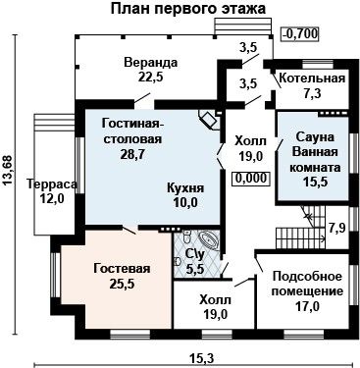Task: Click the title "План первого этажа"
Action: point(187,9)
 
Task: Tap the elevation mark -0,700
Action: point(300,33)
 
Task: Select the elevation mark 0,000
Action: point(251,179)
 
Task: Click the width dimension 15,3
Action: point(201,358)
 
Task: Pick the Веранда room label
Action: point(151,63)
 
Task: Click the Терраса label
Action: point(52,184)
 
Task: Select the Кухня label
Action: point(185,188)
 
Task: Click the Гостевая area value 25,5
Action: point(123,284)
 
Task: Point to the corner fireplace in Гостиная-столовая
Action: point(209,120)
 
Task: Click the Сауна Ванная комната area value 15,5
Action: point(316,182)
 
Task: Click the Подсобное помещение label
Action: point(307,284)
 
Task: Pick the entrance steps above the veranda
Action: point(242,26)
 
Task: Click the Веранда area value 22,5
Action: point(150,78)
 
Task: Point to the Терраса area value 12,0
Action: point(52,198)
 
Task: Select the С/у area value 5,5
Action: point(195,269)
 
